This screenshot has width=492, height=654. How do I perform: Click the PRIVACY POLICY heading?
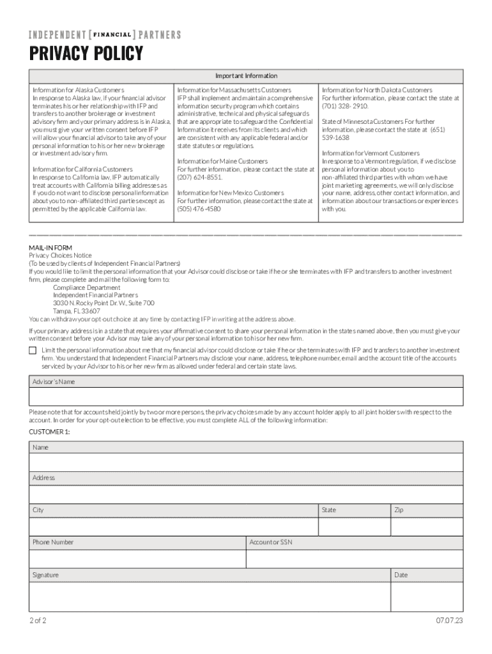coord(86,54)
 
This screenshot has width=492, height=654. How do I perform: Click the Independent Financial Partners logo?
coord(105,34)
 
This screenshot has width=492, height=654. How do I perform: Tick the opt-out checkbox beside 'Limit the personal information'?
coord(33,351)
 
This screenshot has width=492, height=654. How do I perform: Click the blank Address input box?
coord(246,494)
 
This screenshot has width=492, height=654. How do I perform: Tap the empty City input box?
coord(173,526)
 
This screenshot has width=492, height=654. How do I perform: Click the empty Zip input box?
coord(426,526)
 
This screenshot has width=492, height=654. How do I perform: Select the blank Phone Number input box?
coord(137,559)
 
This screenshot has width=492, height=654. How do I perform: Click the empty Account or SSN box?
coord(354,559)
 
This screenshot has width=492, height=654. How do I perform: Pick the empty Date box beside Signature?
coord(426,597)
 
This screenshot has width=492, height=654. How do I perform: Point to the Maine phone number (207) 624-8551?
coord(200,177)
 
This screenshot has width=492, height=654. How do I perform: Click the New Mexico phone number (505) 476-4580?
coord(199,208)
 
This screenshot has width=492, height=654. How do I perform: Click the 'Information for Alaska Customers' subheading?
coord(79,90)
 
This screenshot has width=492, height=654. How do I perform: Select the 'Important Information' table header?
coord(246,76)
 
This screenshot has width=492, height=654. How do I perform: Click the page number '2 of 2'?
coord(38,621)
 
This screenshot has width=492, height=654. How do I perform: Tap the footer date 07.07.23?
coord(449,621)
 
